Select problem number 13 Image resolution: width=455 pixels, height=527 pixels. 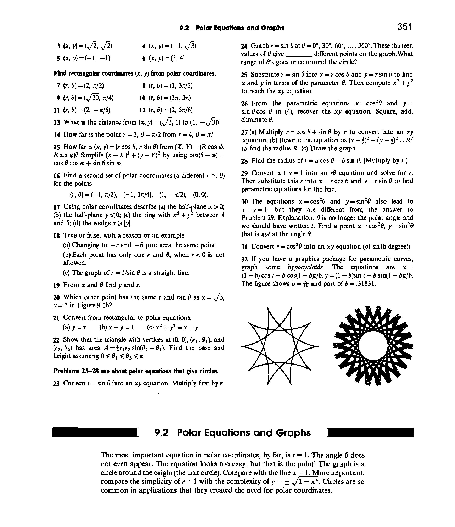coord(57,123)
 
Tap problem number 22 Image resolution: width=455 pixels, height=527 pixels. coord(56,340)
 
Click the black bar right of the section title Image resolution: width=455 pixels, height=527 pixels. coord(371,432)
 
